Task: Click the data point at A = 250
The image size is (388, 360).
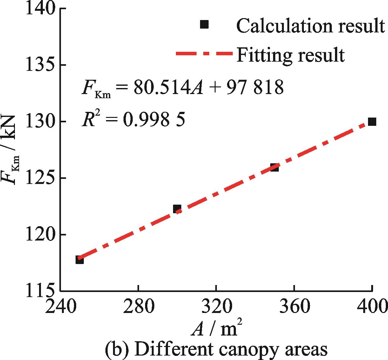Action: tap(79, 260)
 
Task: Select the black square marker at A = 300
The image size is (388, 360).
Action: tap(177, 209)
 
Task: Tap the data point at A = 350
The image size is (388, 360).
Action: tap(274, 167)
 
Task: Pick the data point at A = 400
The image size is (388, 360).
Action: tap(372, 122)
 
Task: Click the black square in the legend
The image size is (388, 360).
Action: tap(204, 24)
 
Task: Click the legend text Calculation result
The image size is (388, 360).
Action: tap(310, 25)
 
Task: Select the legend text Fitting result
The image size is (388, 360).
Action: tap(290, 55)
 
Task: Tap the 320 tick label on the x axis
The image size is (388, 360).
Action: tap(216, 307)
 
